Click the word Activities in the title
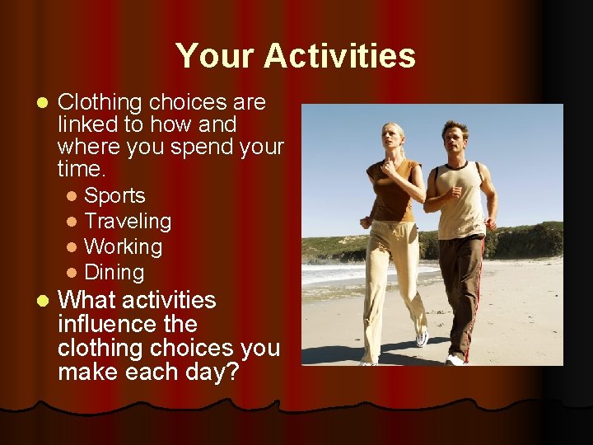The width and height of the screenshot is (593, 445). [x=339, y=57]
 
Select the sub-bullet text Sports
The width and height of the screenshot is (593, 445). [x=114, y=196]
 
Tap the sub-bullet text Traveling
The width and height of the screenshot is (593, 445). [x=128, y=222]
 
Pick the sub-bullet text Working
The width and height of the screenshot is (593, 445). [x=124, y=247]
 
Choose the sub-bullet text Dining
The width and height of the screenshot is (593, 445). [x=114, y=273]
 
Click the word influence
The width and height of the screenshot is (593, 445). [x=127, y=324]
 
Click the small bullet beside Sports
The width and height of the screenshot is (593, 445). [x=72, y=197]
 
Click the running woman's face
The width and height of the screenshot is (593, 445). [x=393, y=137]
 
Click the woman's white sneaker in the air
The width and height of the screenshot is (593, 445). [x=423, y=338]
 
